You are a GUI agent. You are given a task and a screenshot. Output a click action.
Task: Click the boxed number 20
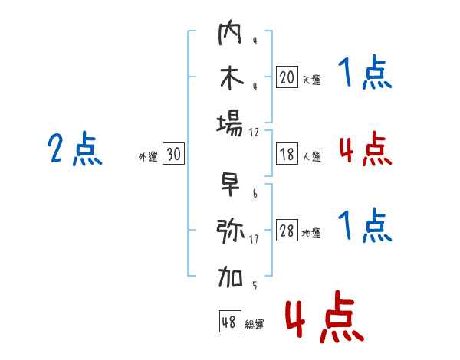(x=287, y=77)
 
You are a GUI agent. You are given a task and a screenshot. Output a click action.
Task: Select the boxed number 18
(x=287, y=154)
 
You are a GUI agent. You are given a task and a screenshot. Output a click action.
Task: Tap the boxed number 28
(x=287, y=231)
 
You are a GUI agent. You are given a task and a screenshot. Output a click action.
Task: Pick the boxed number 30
(x=173, y=155)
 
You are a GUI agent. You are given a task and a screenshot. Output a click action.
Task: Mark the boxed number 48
(x=229, y=322)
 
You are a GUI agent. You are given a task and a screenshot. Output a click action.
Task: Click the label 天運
(x=311, y=80)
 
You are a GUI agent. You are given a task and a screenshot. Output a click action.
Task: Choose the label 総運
(x=255, y=325)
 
